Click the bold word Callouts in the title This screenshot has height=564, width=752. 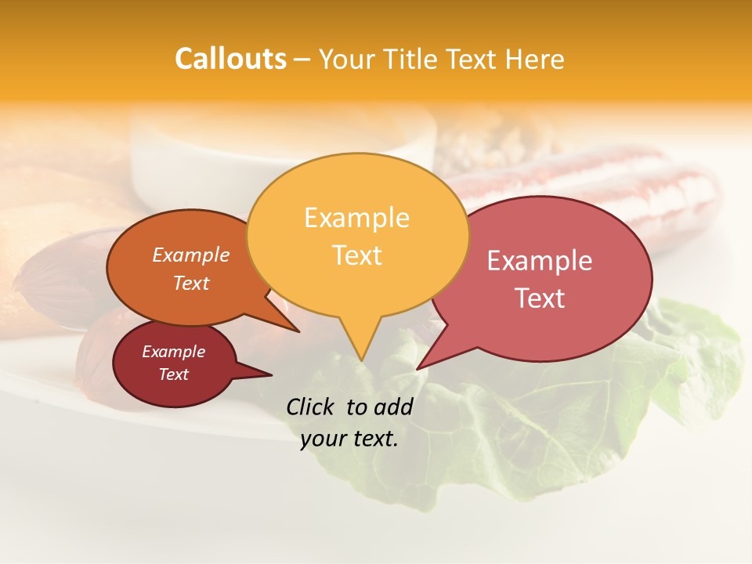[230, 59]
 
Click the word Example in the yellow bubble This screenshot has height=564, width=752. [356, 218]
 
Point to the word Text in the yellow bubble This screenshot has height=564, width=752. [356, 255]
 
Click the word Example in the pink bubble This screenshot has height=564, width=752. [540, 261]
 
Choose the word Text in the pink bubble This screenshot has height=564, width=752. [540, 298]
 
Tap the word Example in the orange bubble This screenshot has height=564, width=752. [190, 255]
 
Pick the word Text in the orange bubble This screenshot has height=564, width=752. [190, 283]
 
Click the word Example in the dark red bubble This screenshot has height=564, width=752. [173, 352]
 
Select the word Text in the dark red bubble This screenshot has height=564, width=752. [173, 374]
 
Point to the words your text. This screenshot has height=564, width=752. [349, 439]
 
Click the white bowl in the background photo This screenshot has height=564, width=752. [196, 157]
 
